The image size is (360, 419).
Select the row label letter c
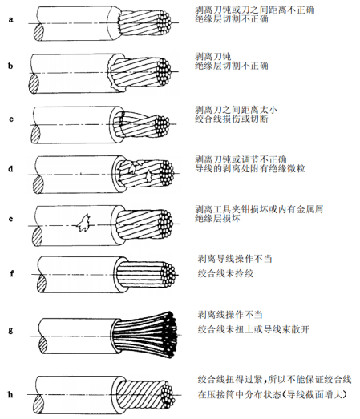pos(10,119)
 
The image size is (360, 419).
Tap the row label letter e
pos(10,219)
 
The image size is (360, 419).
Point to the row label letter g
pos(10,329)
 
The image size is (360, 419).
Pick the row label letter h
pos(10,393)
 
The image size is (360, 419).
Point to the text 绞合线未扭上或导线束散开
pos(257,328)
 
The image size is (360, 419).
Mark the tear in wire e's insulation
pos(83,227)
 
